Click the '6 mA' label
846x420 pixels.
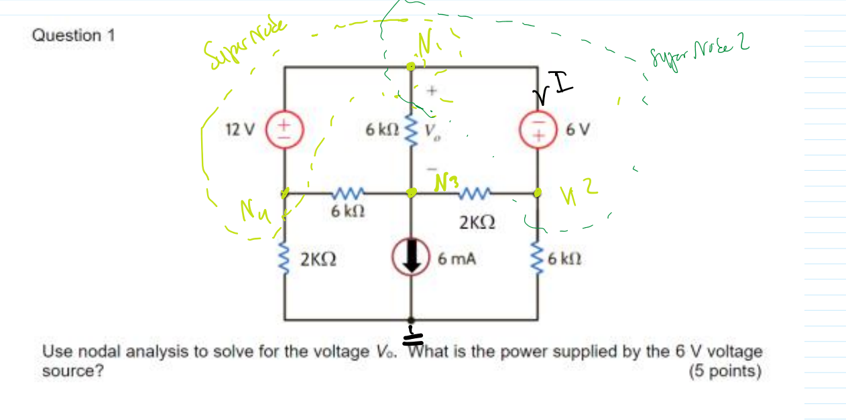456,258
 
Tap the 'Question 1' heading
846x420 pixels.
73,36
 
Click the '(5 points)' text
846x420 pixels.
725,371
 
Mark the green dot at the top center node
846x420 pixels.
411,66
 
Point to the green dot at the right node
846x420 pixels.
538,193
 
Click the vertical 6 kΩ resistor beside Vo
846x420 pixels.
412,128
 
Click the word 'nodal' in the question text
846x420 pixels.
95,351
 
